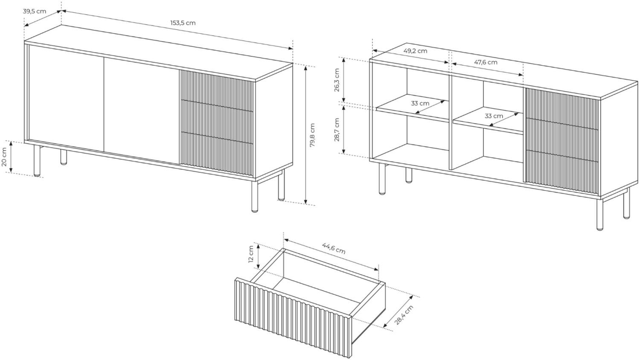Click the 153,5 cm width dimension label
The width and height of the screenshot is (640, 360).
(x=183, y=23)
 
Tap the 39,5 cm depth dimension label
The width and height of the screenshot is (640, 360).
(x=34, y=12)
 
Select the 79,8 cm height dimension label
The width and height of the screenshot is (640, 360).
(x=312, y=135)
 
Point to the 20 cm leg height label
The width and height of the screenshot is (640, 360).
(x=4, y=157)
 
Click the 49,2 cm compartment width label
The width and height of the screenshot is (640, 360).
(x=415, y=51)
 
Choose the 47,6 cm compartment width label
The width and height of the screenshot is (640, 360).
(x=486, y=62)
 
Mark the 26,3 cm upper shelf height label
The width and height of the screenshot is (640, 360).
(x=337, y=80)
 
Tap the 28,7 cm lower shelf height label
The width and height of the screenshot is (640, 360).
(x=337, y=130)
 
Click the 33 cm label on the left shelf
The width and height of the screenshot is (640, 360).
(x=420, y=103)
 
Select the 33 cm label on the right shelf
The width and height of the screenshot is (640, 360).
(x=494, y=116)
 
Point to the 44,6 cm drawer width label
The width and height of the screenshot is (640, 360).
(x=334, y=248)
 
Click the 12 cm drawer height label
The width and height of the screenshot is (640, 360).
(x=251, y=254)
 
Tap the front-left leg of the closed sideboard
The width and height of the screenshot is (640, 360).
(x=37, y=160)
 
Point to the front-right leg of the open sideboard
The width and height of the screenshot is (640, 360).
(x=600, y=215)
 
